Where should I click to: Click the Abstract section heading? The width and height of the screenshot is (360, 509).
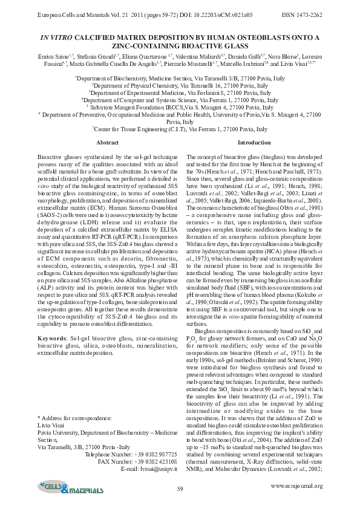click(x=108, y=142)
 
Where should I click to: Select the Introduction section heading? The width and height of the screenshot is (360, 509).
click(x=254, y=142)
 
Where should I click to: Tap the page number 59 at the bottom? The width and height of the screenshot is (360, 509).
click(x=180, y=488)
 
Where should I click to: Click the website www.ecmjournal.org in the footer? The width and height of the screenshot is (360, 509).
click(x=296, y=485)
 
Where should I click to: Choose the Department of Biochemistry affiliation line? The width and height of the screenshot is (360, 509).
click(x=180, y=79)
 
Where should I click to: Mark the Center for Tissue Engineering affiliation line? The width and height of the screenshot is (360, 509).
click(x=180, y=129)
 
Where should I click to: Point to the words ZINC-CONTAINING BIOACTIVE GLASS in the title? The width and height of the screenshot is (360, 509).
click(x=180, y=46)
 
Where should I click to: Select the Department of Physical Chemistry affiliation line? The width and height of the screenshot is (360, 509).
click(x=180, y=86)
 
